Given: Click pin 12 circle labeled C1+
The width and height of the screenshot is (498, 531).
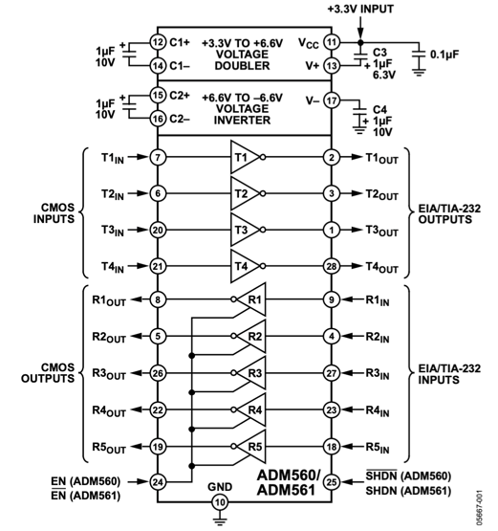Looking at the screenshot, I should click(158, 42).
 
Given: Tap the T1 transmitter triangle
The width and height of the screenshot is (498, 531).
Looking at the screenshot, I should click(243, 157).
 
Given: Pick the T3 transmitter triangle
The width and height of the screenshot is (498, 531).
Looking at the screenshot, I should click(243, 230).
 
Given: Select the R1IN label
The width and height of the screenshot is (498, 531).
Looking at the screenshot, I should click(383, 300).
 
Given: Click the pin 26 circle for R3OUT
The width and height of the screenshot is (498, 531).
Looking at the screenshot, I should click(158, 373).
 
